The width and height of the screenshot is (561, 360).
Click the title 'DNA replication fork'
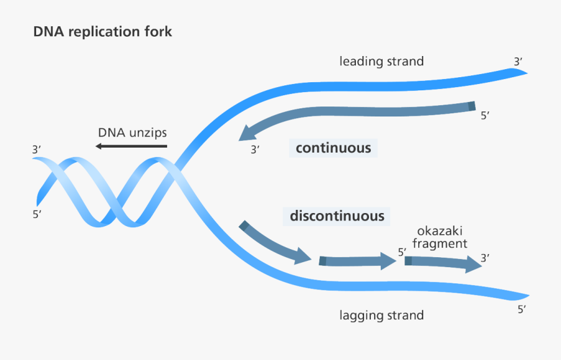click(103, 32)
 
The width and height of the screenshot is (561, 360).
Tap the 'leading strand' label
click(381, 62)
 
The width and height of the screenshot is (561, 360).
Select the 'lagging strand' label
click(381, 315)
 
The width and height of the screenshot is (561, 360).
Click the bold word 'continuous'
click(333, 148)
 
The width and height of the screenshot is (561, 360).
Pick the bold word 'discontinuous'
click(337, 216)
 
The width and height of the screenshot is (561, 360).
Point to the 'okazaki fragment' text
click(439, 237)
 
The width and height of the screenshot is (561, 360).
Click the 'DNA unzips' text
click(132, 133)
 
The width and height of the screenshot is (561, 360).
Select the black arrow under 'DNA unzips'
click(132, 146)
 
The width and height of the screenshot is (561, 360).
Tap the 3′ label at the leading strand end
click(518, 62)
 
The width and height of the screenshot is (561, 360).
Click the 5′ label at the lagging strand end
click(522, 309)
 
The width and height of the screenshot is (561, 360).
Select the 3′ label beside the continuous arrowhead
click(255, 149)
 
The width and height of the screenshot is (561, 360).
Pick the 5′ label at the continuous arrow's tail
click(486, 115)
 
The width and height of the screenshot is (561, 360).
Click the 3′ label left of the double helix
click(37, 149)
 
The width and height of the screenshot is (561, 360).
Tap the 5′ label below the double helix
click(37, 215)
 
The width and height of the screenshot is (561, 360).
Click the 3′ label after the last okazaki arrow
click(485, 257)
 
